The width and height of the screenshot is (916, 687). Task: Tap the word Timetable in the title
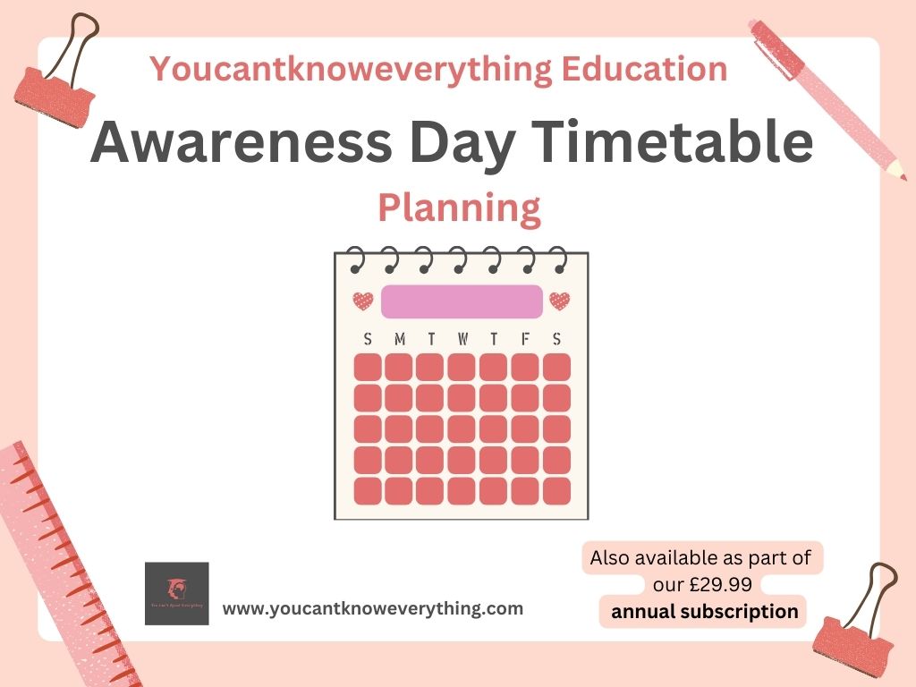click(676, 142)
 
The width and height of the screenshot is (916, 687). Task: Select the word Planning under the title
click(459, 208)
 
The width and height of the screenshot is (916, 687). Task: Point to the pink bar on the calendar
click(462, 301)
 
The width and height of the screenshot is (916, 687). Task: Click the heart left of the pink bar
click(362, 301)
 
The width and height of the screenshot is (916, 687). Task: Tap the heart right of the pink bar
click(560, 301)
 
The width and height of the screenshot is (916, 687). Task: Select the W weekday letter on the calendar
click(462, 339)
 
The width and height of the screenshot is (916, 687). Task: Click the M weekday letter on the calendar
click(399, 339)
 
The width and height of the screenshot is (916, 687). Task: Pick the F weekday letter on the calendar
click(525, 339)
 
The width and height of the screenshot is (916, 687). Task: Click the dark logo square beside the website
click(176, 593)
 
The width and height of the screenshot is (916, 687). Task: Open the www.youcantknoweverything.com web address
click(372, 609)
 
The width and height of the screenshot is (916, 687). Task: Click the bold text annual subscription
click(704, 612)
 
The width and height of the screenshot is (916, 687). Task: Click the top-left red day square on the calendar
click(368, 367)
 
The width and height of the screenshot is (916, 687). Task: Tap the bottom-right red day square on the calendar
click(556, 490)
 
